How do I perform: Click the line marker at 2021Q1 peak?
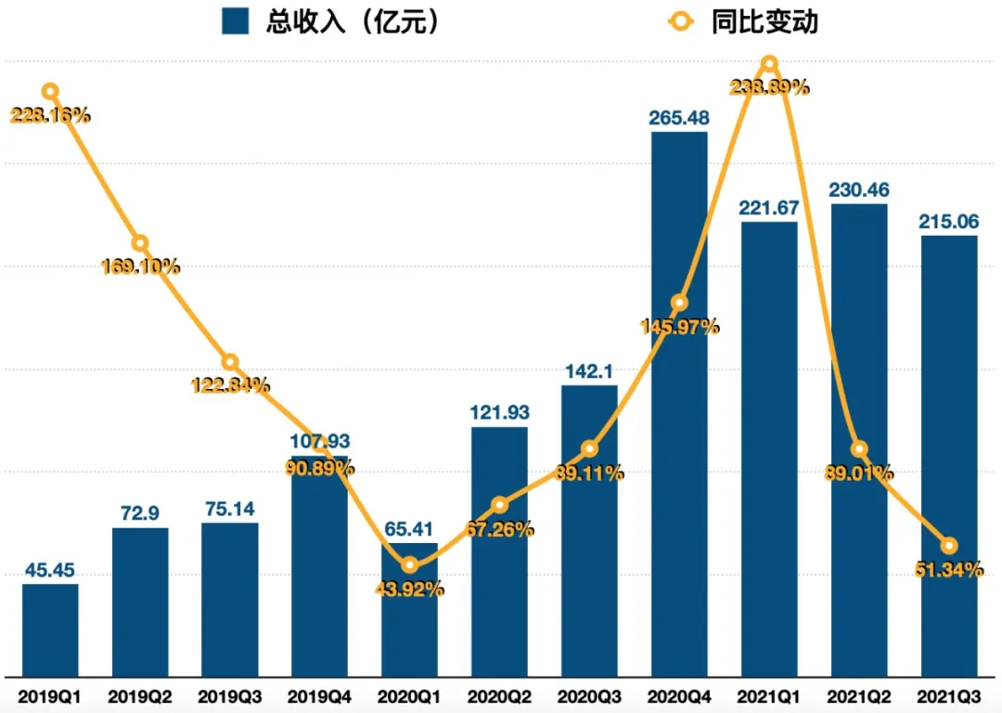click(x=769, y=64)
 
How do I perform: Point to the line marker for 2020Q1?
click(x=410, y=564)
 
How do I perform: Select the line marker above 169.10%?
click(x=140, y=243)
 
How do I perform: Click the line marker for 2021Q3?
click(x=948, y=545)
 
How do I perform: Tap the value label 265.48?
click(x=679, y=118)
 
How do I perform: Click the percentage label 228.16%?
click(x=50, y=115)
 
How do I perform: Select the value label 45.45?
click(x=50, y=569)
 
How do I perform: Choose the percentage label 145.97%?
click(x=680, y=327)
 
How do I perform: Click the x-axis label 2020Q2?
click(x=499, y=694)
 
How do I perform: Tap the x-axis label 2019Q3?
click(x=230, y=694)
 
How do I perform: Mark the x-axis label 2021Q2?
click(x=859, y=694)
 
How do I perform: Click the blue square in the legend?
click(x=236, y=21)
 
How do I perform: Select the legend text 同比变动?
click(x=765, y=21)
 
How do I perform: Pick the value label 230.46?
click(x=859, y=190)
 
